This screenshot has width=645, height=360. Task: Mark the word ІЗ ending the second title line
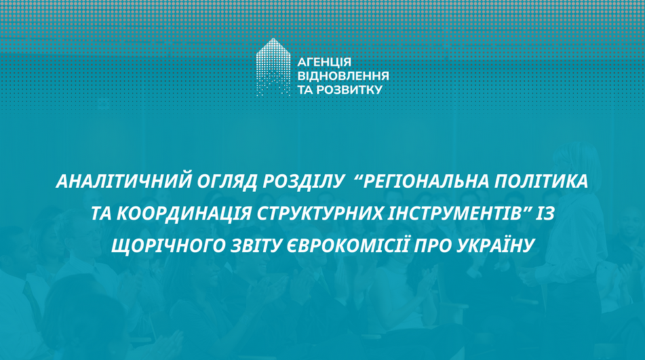[543, 214]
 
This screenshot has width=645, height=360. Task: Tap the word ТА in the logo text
[305, 89]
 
